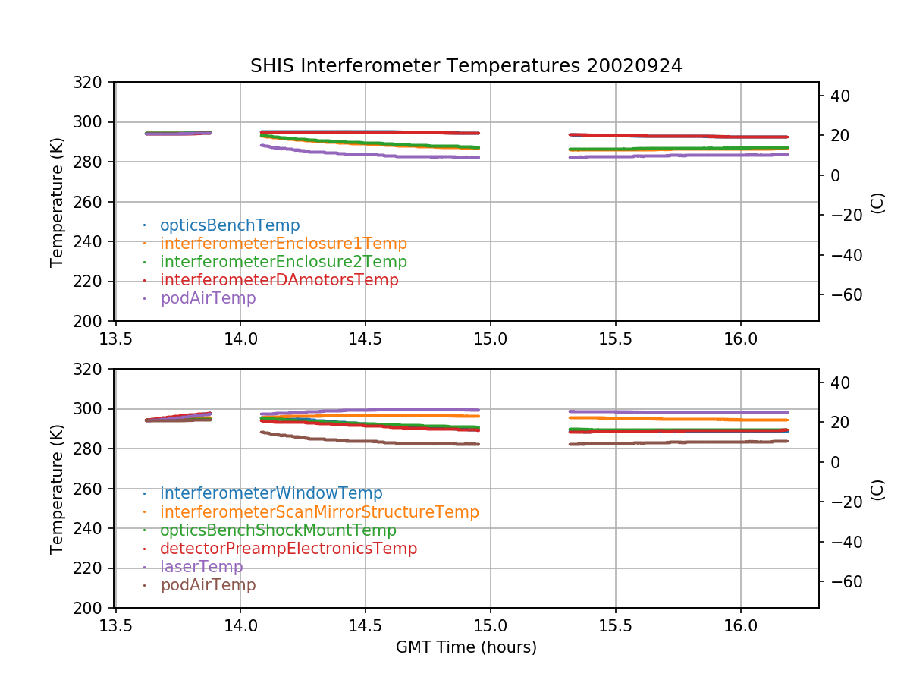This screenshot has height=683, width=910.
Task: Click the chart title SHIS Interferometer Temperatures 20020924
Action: [466, 66]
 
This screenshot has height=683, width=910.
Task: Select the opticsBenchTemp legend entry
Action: [230, 225]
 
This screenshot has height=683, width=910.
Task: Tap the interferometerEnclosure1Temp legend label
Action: [284, 244]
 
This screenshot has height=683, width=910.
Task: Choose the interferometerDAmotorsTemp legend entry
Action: [279, 280]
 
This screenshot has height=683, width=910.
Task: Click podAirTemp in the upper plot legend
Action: [208, 298]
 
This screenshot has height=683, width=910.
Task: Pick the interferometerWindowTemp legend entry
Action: [271, 494]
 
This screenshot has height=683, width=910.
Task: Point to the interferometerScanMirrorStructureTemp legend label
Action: [319, 512]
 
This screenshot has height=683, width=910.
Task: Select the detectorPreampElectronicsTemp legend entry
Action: [288, 549]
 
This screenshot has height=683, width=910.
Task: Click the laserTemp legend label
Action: [201, 567]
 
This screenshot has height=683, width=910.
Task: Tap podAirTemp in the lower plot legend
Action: [208, 585]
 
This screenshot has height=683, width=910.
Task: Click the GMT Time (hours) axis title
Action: [466, 647]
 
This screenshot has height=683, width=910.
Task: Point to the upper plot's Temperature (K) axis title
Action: [57, 202]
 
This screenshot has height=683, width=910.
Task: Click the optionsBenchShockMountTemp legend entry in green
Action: [278, 530]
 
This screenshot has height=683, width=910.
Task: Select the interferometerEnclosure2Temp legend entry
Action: [284, 262]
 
